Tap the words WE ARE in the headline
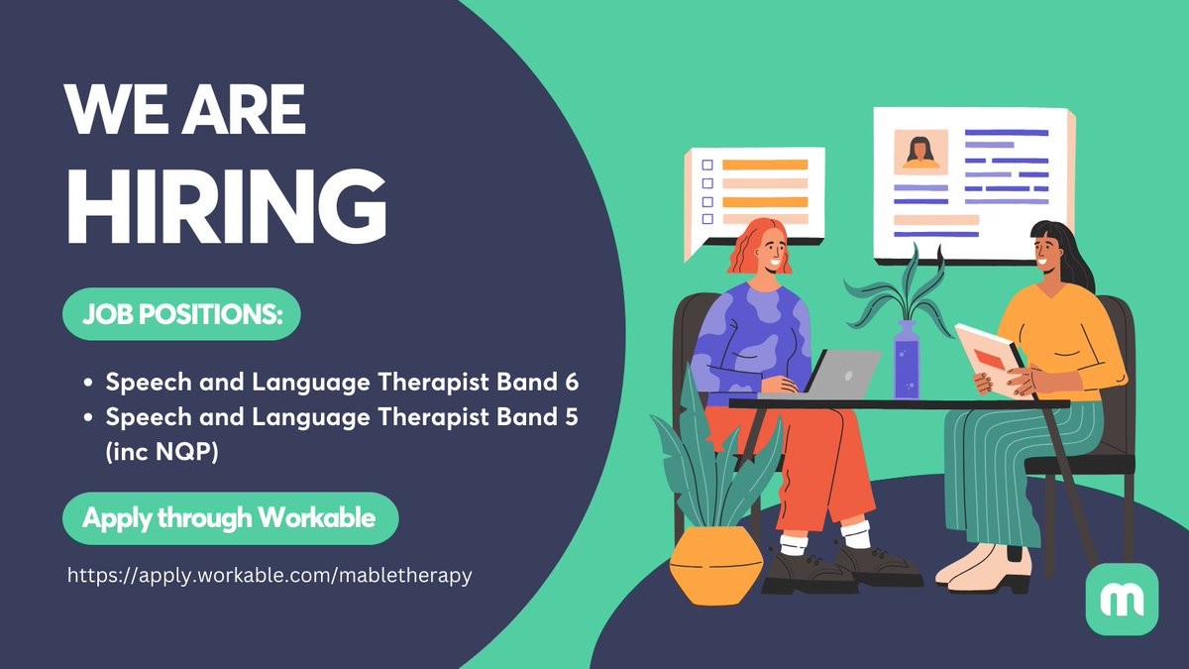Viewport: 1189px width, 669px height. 185,111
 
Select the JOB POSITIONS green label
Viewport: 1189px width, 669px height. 181,314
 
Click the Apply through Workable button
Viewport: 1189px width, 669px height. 229,517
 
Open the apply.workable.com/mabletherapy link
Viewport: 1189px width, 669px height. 270,575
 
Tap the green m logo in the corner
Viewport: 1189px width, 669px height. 1122,599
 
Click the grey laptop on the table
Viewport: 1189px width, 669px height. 842,373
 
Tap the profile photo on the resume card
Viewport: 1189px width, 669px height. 920,152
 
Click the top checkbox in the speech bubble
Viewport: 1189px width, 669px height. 707,166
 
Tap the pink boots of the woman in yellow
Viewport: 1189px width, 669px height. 976,568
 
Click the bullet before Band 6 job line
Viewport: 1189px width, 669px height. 90,383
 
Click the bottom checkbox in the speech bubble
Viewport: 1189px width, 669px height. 707,219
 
